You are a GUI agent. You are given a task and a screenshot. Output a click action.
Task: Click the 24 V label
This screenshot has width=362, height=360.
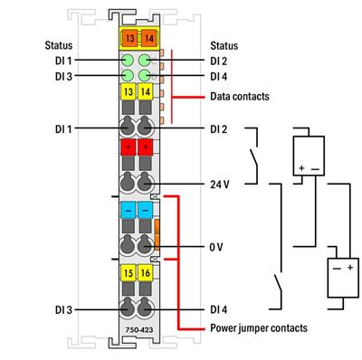coord(220,184)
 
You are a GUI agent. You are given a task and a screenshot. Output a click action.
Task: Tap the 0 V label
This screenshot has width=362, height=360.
coord(217,246)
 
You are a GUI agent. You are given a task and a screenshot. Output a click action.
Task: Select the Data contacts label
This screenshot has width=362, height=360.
coord(239,95)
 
